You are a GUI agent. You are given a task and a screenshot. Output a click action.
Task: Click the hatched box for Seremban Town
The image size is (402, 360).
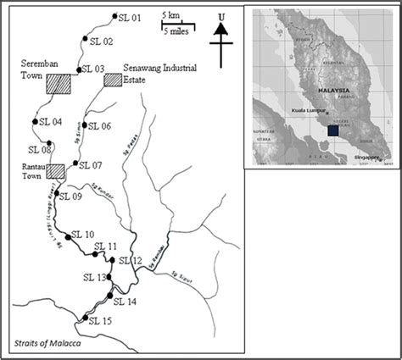tap(59, 83)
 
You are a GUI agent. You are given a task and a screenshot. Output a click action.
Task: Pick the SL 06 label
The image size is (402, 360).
tap(100, 126)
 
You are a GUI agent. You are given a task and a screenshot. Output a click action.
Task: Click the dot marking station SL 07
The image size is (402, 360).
tap(75, 163)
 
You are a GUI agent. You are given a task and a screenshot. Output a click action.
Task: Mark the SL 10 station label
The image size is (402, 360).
tap(83, 234)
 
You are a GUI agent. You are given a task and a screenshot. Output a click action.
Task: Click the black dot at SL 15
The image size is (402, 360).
tap(83, 318)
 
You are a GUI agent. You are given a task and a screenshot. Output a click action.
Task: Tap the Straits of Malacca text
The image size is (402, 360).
tap(48, 342)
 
